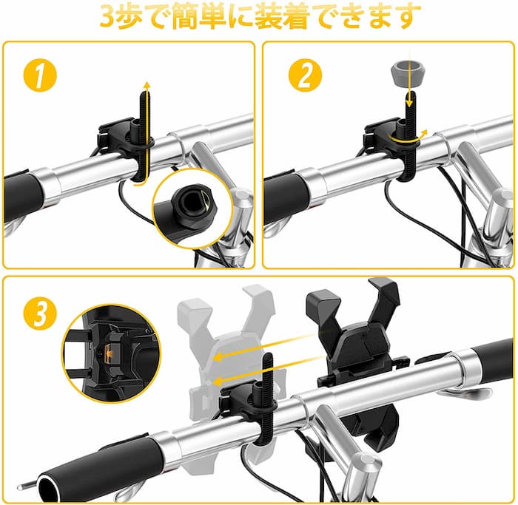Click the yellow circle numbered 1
click(40, 75)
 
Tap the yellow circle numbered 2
click(305, 75)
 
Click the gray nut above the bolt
click(408, 72)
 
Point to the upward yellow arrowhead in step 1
click(147, 86)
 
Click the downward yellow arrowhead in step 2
click(410, 102)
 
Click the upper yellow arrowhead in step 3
click(219, 357)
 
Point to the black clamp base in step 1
click(126, 137)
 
